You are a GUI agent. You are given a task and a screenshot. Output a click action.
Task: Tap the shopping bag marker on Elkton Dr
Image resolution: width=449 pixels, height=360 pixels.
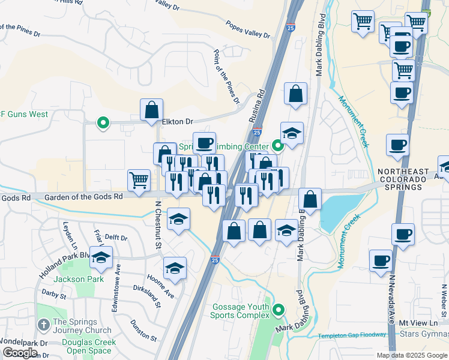pos(152,110)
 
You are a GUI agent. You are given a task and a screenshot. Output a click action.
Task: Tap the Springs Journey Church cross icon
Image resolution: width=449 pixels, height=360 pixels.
pos(43,325)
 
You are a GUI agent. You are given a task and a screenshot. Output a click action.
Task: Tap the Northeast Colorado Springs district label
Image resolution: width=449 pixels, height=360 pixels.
pos(410,179)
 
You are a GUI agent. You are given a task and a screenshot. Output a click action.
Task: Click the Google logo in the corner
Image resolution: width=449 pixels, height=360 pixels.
pos(20,353)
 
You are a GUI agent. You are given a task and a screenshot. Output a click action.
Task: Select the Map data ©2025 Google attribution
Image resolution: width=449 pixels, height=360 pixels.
pos(412,355)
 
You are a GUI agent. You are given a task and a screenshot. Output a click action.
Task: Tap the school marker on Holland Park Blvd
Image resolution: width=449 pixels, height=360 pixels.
pos(101,257)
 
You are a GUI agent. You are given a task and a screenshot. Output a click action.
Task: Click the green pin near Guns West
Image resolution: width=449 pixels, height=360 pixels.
pos(103,124)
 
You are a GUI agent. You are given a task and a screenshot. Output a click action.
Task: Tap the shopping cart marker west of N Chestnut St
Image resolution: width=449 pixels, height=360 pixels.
pos(139,180)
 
